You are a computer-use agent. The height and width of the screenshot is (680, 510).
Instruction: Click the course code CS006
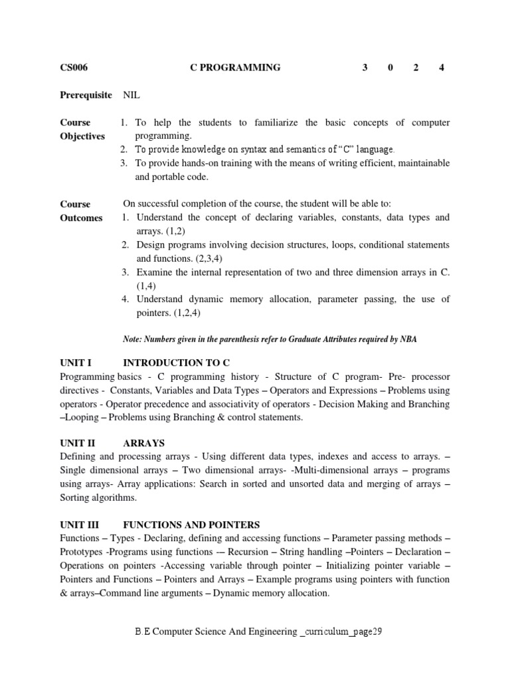tap(74, 67)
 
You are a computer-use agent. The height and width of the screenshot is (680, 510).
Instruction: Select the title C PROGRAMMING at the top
tap(235, 67)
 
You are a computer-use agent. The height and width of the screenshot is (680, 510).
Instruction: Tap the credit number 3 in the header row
tap(365, 67)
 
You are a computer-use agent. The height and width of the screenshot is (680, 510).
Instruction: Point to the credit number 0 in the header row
tap(390, 67)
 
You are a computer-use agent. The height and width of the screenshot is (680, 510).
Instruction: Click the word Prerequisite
tap(86, 95)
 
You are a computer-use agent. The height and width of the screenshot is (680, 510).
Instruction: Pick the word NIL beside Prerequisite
tap(132, 95)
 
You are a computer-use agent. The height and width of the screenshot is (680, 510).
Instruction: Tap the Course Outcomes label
tap(81, 211)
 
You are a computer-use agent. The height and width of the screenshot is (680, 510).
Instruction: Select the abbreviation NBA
tap(408, 339)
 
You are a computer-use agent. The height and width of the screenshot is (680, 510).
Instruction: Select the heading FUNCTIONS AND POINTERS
tap(191, 525)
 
